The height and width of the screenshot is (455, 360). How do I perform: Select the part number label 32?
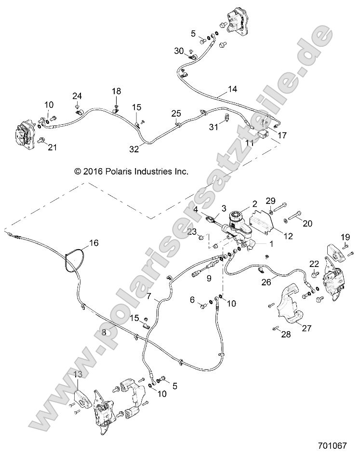click(x=134, y=150)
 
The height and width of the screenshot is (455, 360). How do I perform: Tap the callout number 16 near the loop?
click(x=93, y=243)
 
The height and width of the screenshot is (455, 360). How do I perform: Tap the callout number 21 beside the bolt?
click(x=52, y=148)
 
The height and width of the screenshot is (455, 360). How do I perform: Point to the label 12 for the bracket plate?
click(x=289, y=236)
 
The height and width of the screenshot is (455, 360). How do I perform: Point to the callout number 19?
click(x=345, y=237)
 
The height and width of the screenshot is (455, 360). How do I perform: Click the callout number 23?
click(x=192, y=232)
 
